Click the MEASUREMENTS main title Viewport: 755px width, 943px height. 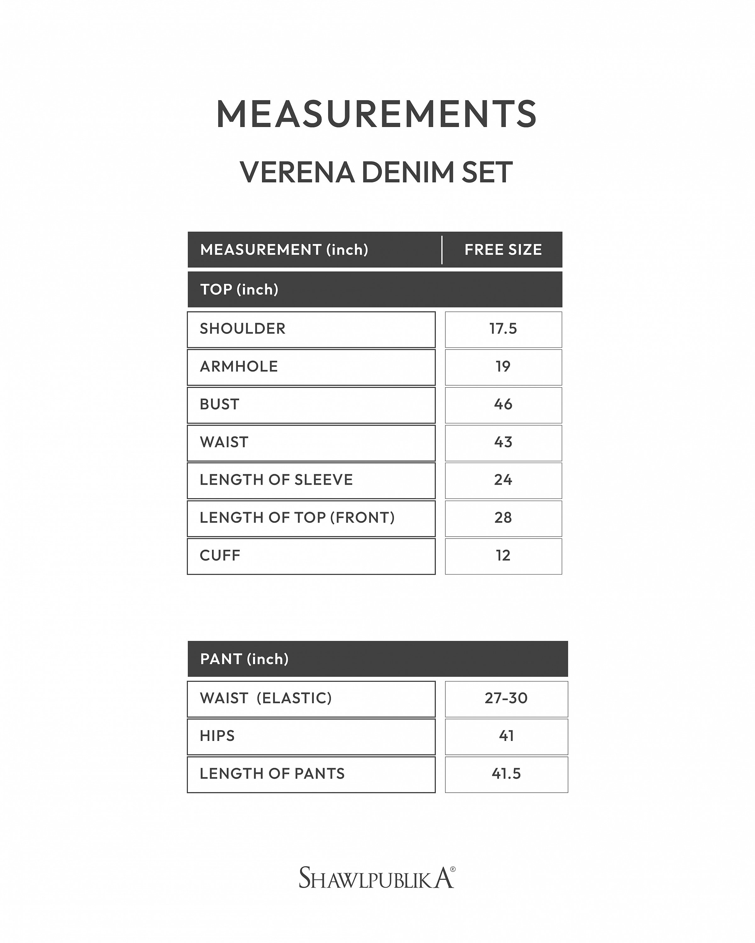tap(377, 114)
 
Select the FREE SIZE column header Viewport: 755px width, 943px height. tap(503, 250)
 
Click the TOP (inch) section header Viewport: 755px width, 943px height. tap(239, 290)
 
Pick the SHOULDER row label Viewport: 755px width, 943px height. tap(243, 329)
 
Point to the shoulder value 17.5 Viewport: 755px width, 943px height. tap(503, 329)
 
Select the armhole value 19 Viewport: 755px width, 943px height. tap(503, 367)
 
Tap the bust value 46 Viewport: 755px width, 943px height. tap(503, 405)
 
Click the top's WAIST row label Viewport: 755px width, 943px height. tap(224, 442)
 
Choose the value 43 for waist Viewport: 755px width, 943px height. tap(503, 442)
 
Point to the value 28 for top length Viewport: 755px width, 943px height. tap(503, 518)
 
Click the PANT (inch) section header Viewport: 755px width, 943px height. tap(244, 659)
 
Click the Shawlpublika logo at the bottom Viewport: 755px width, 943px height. tap(377, 878)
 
